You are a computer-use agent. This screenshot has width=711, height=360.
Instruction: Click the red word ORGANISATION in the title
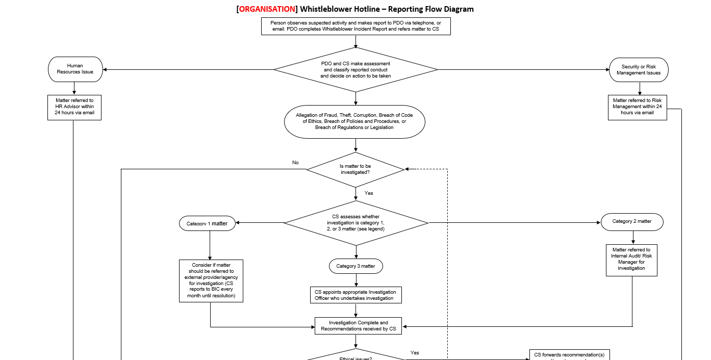(x=267, y=9)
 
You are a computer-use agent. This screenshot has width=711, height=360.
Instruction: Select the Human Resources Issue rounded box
(x=75, y=69)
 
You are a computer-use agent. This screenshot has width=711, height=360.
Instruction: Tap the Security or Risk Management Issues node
(x=639, y=70)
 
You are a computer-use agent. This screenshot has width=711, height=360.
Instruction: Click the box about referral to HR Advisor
(x=74, y=107)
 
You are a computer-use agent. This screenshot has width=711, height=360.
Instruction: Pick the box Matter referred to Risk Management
(x=637, y=107)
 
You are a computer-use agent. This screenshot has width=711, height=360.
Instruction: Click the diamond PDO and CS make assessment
(x=355, y=69)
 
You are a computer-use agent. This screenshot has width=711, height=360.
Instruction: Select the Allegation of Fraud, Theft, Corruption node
(x=354, y=121)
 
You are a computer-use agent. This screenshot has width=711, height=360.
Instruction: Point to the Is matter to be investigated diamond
(x=355, y=169)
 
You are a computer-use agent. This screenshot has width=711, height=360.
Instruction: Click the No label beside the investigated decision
(x=295, y=163)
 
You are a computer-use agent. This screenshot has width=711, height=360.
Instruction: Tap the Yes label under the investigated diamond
(x=369, y=193)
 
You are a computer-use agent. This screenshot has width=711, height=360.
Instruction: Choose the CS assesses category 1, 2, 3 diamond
(x=355, y=223)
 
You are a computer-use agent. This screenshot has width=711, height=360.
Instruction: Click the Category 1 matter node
(x=207, y=223)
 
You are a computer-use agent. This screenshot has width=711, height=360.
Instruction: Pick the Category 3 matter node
(x=355, y=266)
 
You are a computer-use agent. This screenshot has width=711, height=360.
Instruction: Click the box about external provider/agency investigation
(x=211, y=280)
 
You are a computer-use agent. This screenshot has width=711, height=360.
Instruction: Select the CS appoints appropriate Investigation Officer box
(x=355, y=295)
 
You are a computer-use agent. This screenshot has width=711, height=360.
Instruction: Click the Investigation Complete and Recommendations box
(x=358, y=326)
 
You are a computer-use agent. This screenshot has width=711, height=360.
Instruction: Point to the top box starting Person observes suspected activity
(x=355, y=26)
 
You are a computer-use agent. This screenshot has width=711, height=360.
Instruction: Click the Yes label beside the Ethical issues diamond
(x=415, y=353)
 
